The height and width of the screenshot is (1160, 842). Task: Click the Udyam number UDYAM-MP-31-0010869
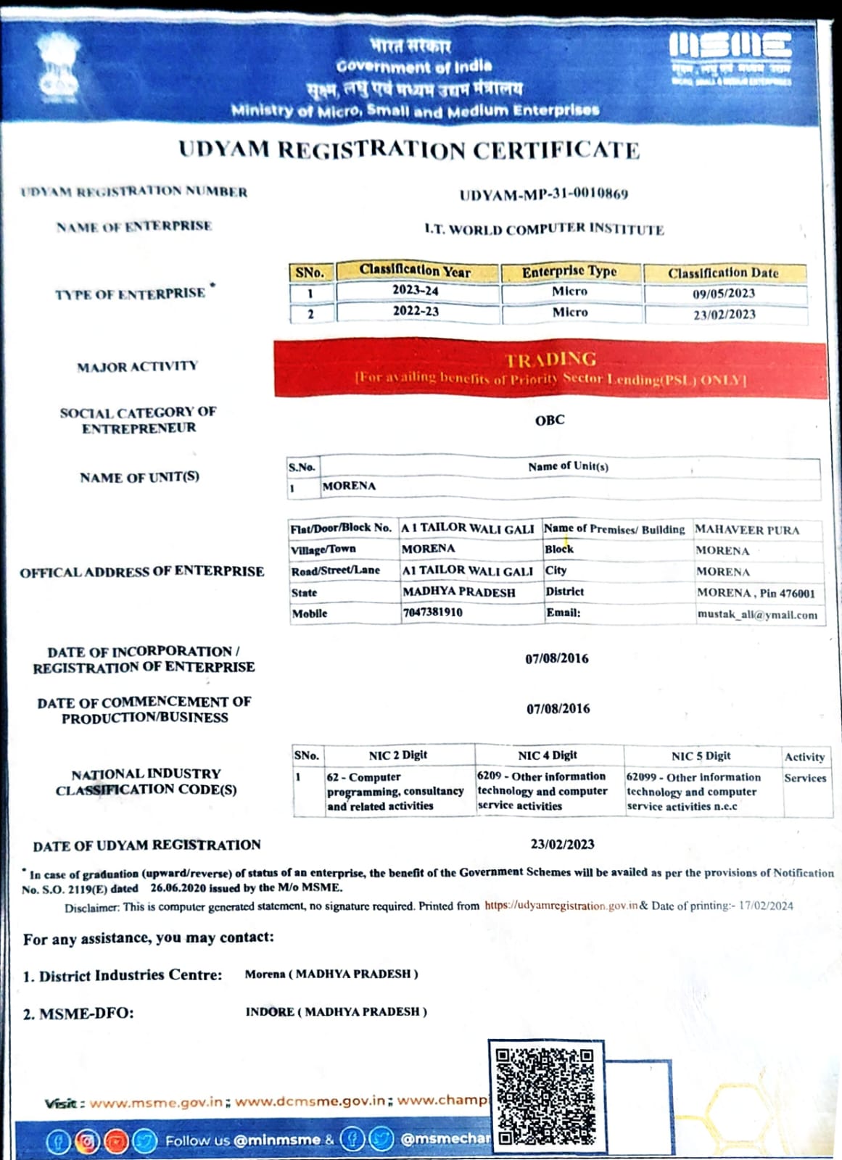pyautogui.click(x=543, y=194)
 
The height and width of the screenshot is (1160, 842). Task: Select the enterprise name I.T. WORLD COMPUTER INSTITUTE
pyautogui.click(x=544, y=229)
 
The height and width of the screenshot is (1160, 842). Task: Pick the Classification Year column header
pyautogui.click(x=415, y=271)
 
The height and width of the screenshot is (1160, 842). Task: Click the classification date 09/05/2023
pyautogui.click(x=723, y=294)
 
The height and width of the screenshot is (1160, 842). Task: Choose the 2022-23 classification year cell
pyautogui.click(x=416, y=311)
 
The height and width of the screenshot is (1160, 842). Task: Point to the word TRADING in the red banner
pyautogui.click(x=550, y=360)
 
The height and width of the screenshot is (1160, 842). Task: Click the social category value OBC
pyautogui.click(x=550, y=420)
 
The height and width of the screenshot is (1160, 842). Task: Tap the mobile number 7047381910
pyautogui.click(x=432, y=612)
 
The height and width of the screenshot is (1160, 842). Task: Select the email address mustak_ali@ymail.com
pyautogui.click(x=757, y=615)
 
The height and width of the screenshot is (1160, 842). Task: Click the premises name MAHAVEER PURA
pyautogui.click(x=747, y=530)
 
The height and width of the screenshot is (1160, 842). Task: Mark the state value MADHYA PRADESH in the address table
pyautogui.click(x=459, y=592)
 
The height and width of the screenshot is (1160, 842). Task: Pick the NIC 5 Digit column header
pyautogui.click(x=701, y=756)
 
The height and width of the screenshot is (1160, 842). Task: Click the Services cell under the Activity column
pyautogui.click(x=805, y=778)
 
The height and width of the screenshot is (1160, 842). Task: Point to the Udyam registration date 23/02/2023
pyautogui.click(x=562, y=844)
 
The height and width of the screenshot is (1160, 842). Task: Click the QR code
pyautogui.click(x=545, y=1095)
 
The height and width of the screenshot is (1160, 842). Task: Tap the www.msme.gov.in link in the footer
pyautogui.click(x=156, y=1102)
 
